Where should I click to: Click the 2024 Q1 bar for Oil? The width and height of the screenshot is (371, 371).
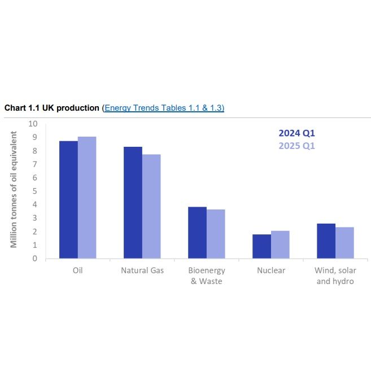coord(68,200)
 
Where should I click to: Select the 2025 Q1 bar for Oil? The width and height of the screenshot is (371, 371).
coord(87,198)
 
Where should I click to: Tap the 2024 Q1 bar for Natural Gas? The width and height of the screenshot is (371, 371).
coord(133,203)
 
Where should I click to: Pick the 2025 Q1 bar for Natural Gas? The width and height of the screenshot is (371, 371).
coord(151,207)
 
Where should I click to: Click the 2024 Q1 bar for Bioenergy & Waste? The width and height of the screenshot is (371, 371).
coord(197,233)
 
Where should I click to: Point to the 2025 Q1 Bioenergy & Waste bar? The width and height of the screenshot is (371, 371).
coord(216,234)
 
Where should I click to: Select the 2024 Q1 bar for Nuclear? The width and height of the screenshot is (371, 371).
coord(261,246)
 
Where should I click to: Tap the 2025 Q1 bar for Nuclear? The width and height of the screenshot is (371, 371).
coord(280,245)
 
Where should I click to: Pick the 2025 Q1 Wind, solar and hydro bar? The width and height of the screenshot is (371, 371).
coord(344,243)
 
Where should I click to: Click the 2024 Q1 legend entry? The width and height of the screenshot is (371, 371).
coord(296,134)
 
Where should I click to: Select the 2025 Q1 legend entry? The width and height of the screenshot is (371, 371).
coord(296,146)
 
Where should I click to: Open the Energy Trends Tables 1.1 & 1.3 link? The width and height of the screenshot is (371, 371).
coord(164,107)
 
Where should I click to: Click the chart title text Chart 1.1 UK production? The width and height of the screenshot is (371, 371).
coord(52,107)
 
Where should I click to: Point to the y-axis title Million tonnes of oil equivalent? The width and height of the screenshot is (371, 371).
coord(14,190)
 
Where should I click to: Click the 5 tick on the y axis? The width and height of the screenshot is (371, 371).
coord(34,191)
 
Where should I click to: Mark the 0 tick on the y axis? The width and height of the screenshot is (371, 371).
coord(34,259)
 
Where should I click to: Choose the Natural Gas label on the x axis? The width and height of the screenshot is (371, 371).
coord(142,270)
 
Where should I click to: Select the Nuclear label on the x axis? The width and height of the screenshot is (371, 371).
coord(271,270)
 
